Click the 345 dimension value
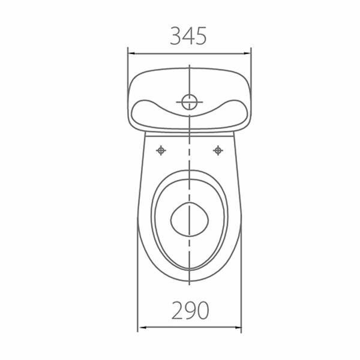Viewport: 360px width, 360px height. tap(188, 36)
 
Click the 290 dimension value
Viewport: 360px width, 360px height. tap(190, 310)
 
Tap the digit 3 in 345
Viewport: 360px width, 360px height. tap(176, 36)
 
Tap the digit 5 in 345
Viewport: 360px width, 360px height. tap(201, 36)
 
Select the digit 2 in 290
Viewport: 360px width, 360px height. tap(177, 310)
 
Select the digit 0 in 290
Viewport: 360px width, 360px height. tap(203, 311)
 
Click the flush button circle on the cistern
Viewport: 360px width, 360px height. tap(190, 102)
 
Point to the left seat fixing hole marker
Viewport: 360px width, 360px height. tap(161, 151)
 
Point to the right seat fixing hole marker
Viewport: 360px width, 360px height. tap(218, 151)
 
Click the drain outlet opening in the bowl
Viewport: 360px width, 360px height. tap(190, 220)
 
